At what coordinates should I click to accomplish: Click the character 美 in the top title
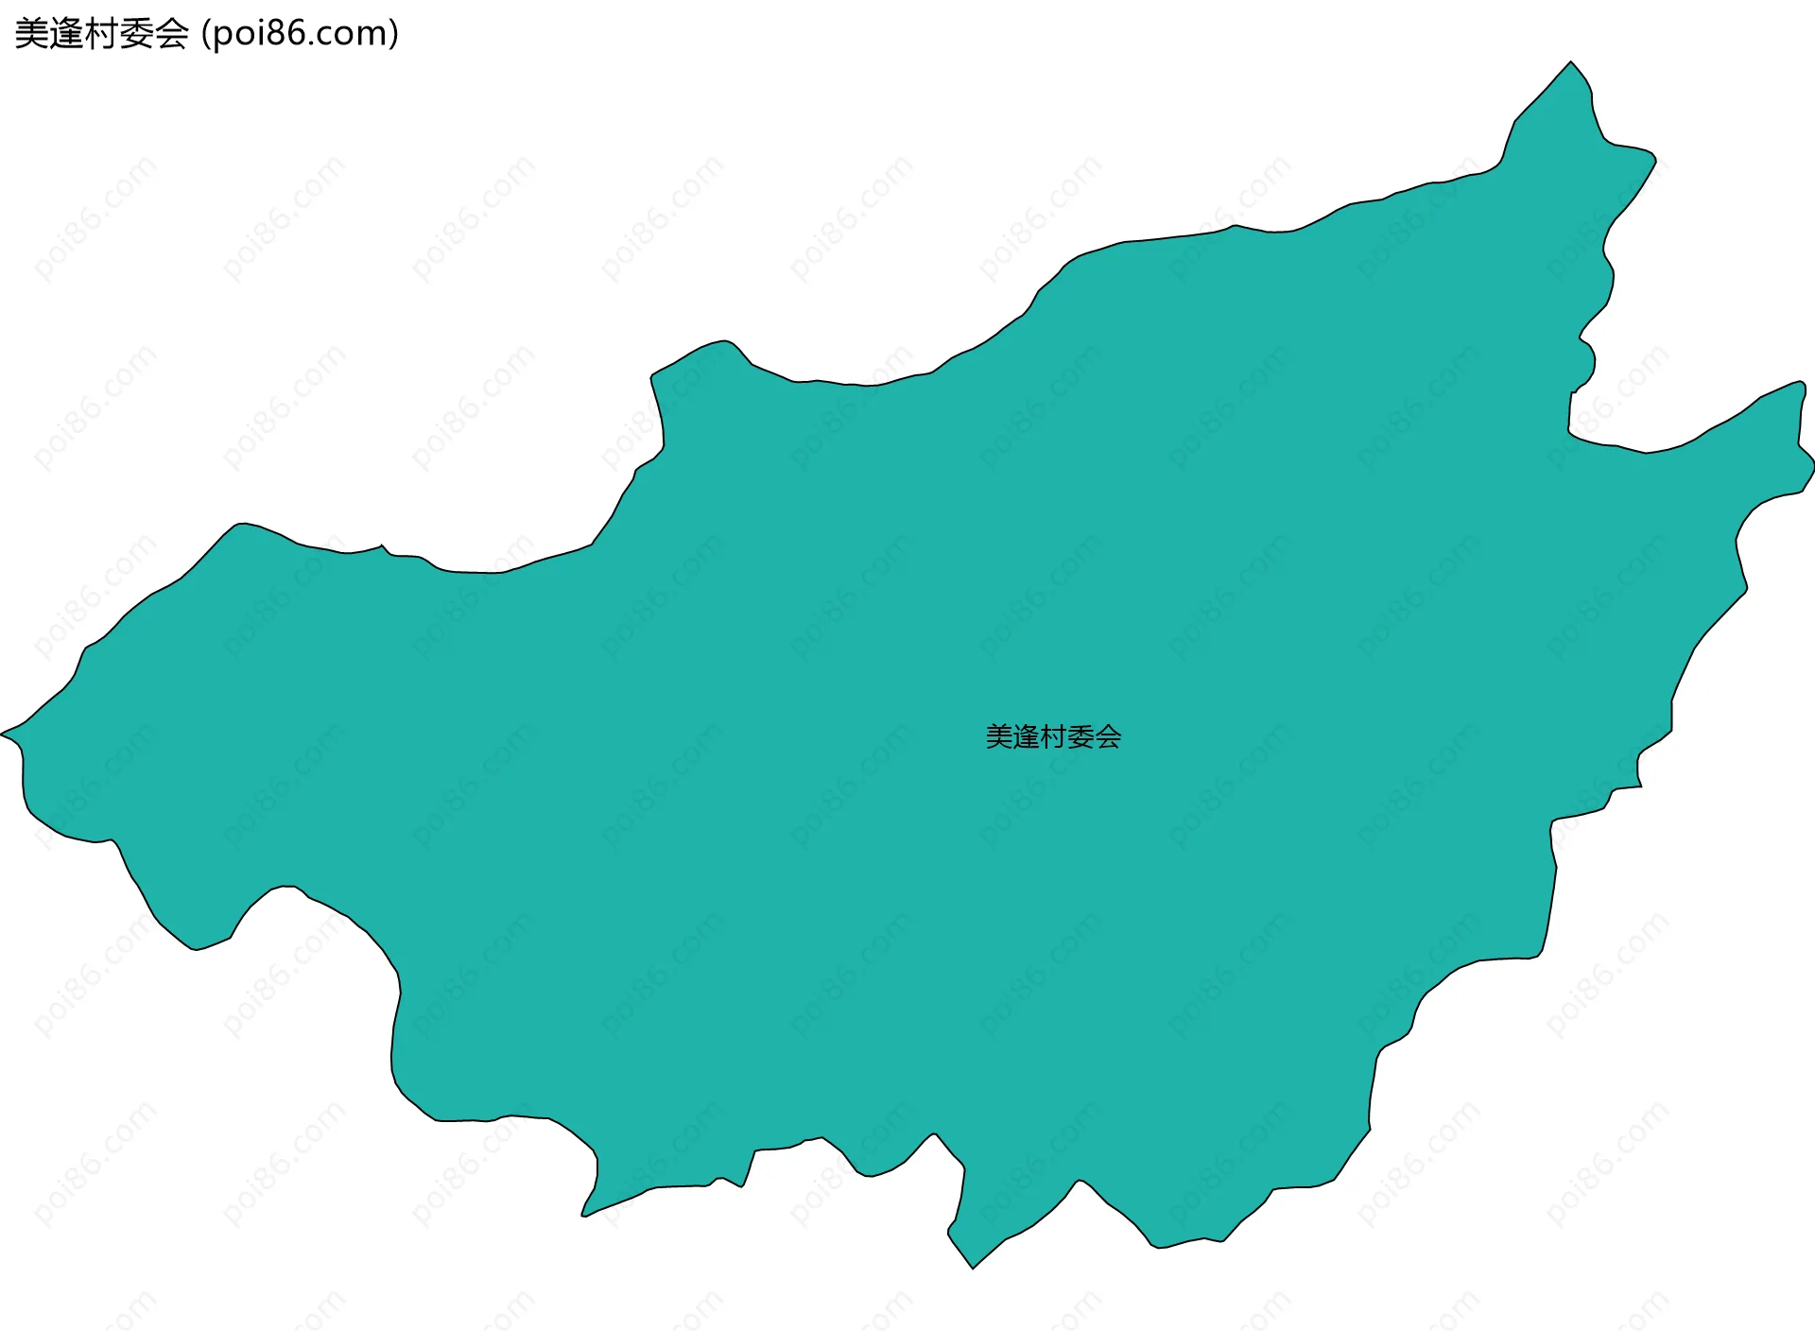coord(31,34)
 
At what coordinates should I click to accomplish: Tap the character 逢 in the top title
coord(66,34)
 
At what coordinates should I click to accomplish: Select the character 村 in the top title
coord(101,34)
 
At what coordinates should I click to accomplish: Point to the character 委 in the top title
coord(136,34)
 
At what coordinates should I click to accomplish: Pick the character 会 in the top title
coord(171,34)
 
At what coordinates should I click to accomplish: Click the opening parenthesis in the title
coord(206,34)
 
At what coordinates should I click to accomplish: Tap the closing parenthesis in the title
coord(393,34)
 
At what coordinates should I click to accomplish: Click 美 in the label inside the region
coord(999,737)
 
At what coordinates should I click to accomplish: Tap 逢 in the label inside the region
coord(1027,737)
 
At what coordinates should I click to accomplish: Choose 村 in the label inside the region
coord(1054,737)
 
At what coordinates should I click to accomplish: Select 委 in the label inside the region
coord(1080,737)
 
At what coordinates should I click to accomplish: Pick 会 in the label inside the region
coord(1108,737)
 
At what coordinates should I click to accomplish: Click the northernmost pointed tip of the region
coord(1571,63)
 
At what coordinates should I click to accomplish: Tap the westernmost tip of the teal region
coord(3,734)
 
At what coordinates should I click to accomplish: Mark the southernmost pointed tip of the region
coord(973,1267)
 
